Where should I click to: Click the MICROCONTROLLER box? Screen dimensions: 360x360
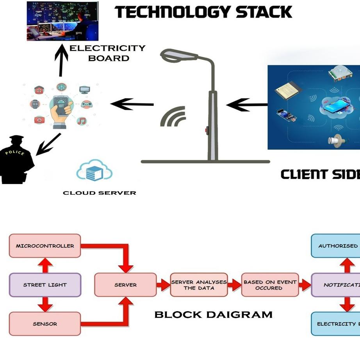click(45, 246)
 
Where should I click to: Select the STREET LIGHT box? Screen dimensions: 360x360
click(45, 285)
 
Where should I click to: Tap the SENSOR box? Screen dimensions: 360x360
click(45, 324)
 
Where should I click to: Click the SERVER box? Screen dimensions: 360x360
click(125, 285)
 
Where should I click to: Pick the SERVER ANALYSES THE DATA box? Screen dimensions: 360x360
click(199, 285)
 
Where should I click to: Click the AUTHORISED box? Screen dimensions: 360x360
click(337, 246)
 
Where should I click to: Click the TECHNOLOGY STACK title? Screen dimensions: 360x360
click(203, 13)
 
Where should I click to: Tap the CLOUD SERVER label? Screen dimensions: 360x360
click(100, 193)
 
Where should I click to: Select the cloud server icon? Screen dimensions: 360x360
click(94, 171)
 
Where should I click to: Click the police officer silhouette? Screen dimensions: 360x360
click(16, 160)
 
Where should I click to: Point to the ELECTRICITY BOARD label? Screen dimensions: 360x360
click(107, 53)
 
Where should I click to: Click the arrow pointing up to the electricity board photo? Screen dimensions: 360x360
click(61, 61)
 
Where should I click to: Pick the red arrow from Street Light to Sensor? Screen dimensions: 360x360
click(45, 304)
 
